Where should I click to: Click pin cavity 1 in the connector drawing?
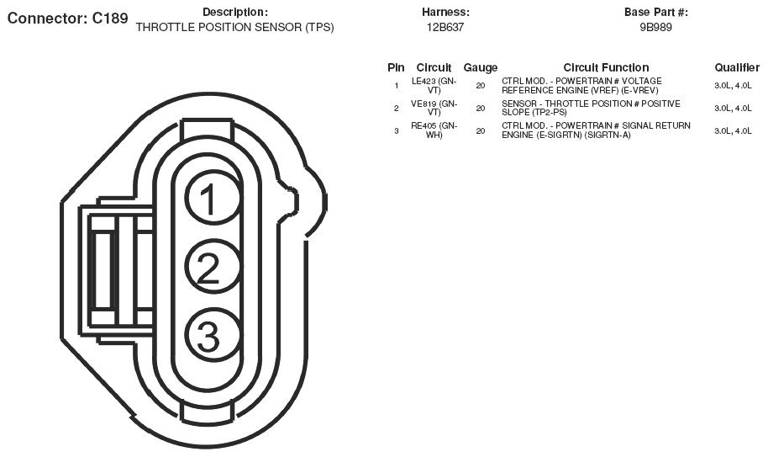[x=213, y=198]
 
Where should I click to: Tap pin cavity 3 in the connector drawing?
[x=213, y=337]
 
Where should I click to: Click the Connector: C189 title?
[x=67, y=19]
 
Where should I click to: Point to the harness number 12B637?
[x=444, y=28]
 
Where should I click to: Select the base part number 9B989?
[x=656, y=28]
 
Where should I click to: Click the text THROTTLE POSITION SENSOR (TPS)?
[x=235, y=28]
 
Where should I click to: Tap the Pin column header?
[x=396, y=67]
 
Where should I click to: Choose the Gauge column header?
[x=481, y=67]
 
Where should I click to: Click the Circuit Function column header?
[x=606, y=67]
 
